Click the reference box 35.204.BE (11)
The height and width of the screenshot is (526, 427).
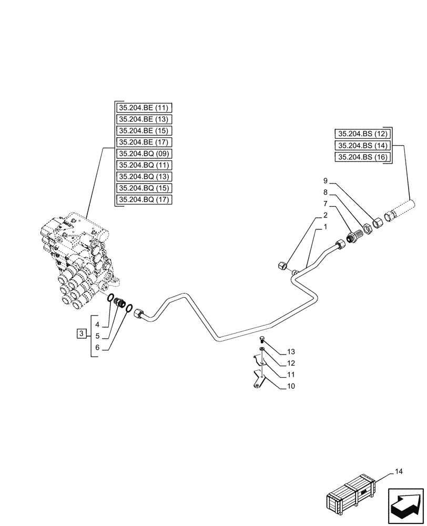143,108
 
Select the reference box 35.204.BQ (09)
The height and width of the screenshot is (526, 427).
143,154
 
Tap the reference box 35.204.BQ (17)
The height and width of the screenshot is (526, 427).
143,200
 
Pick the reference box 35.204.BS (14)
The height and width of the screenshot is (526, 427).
362,146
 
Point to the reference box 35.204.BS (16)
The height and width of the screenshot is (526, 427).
362,157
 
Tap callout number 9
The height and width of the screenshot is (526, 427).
326,180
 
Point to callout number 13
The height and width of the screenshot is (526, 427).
291,351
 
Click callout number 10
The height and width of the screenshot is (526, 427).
291,387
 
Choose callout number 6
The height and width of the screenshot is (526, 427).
98,348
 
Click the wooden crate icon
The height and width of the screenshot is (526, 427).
352,497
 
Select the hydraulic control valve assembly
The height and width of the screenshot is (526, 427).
79,258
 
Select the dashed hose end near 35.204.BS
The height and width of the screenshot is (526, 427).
400,210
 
